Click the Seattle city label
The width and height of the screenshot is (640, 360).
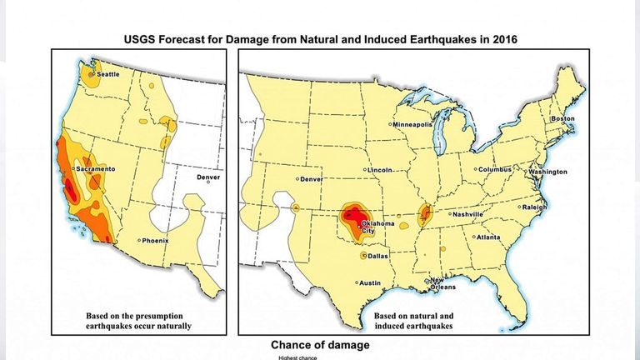coord(109,75)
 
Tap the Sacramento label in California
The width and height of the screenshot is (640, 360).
coord(95,169)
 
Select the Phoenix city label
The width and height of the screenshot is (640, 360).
coord(155,241)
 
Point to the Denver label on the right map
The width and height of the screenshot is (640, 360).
coord(311,179)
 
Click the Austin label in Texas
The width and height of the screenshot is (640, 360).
coord(370,283)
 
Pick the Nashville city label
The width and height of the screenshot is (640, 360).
coord(467,214)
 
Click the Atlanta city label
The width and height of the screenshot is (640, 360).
coord(488,237)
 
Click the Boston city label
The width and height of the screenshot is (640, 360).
coord(563,118)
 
